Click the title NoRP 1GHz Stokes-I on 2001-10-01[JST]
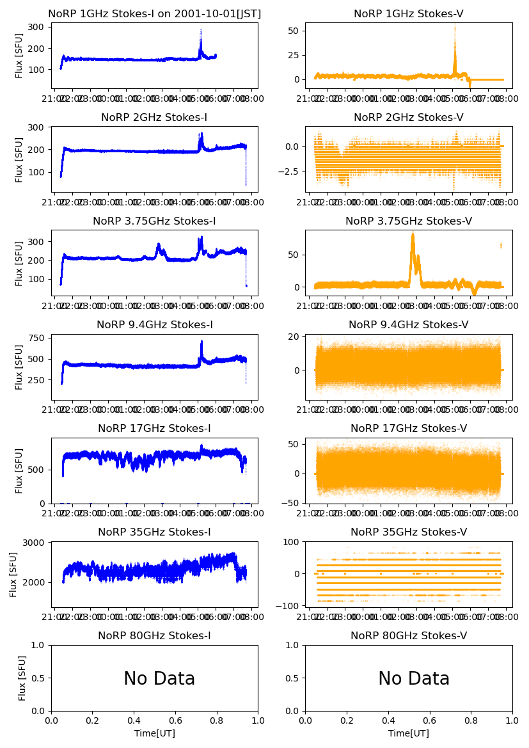point(155,13)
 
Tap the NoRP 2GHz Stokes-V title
point(409,117)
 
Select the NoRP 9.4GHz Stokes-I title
point(155,324)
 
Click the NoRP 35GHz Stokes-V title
point(409,532)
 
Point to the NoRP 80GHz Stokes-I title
point(155,635)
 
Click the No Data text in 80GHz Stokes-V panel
point(414,679)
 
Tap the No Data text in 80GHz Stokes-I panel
point(159,679)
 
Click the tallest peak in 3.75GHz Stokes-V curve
point(413,234)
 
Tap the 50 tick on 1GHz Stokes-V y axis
point(295,31)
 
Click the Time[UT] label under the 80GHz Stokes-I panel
point(155,733)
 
